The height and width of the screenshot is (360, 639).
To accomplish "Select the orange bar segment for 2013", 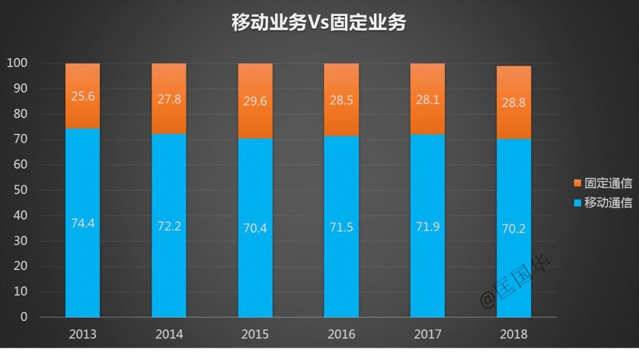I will pyautogui.click(x=82, y=112).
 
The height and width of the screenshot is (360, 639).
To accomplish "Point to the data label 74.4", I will pyautogui.click(x=82, y=224).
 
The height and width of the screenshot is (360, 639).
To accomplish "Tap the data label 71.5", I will pyautogui.click(x=341, y=227).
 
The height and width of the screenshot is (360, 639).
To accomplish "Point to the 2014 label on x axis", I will pyautogui.click(x=169, y=335).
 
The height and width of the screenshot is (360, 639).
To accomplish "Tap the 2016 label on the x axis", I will pyautogui.click(x=341, y=335).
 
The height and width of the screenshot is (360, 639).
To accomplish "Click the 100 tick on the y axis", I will pyautogui.click(x=18, y=63).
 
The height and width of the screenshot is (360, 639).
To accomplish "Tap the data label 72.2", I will pyautogui.click(x=169, y=226).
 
